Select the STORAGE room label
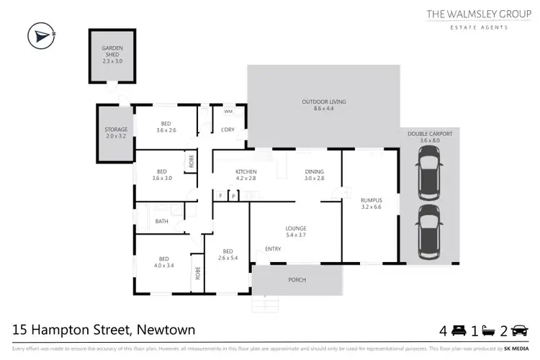pyautogui.click(x=115, y=130)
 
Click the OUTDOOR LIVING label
pyautogui.click(x=324, y=102)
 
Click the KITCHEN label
pyautogui.click(x=246, y=171)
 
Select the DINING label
pyautogui.click(x=315, y=171)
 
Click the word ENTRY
pyautogui.click(x=273, y=249)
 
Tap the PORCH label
pyautogui.click(x=297, y=280)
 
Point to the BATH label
pyautogui.click(x=162, y=221)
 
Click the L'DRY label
pyautogui.click(x=228, y=130)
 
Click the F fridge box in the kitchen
pyautogui.click(x=220, y=195)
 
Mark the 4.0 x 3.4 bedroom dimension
pyautogui.click(x=163, y=266)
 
